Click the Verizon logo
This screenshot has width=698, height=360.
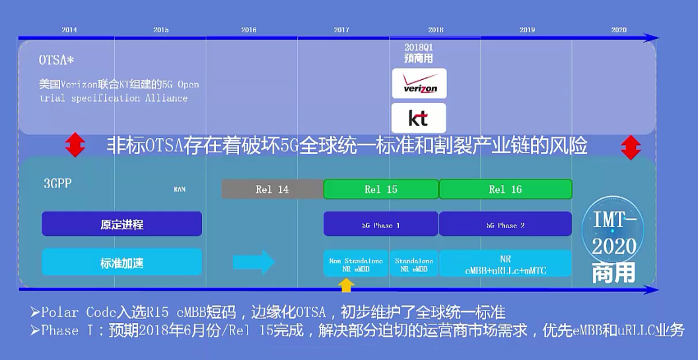tap(419, 84)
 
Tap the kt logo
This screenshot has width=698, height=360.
tap(419, 118)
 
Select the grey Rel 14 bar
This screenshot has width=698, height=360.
tap(272, 189)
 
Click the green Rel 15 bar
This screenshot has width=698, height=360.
tap(381, 189)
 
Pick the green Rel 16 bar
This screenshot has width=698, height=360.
tap(505, 189)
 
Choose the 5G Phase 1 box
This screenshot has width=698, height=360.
tap(381, 225)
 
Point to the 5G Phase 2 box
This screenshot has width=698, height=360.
tap(505, 225)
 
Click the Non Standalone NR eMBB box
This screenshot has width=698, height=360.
tap(356, 264)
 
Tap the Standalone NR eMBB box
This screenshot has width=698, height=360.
tap(414, 264)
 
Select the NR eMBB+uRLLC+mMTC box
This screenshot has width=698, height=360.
tap(505, 264)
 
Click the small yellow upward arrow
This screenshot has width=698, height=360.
tap(347, 285)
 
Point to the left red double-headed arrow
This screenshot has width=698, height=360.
tap(75, 145)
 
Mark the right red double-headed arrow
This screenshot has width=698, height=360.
tap(631, 147)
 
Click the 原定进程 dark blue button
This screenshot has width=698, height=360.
tap(122, 225)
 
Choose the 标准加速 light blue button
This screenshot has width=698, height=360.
tap(122, 263)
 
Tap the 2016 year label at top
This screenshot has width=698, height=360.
tap(249, 30)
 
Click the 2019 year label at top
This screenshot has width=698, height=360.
tap(527, 30)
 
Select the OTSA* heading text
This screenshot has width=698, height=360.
tap(56, 60)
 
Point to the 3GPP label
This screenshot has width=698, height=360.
tap(57, 184)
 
